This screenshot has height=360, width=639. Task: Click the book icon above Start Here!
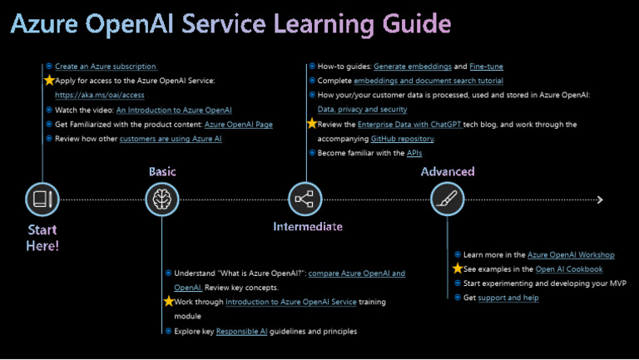click(x=42, y=200)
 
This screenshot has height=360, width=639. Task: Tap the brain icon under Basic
click(x=161, y=200)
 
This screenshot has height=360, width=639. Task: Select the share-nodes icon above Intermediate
click(x=305, y=200)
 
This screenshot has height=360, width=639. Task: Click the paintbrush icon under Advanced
click(x=448, y=200)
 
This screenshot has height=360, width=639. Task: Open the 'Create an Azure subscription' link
click(x=106, y=67)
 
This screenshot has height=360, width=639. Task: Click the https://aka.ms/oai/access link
click(x=99, y=96)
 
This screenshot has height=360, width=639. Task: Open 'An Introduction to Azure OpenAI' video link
click(x=174, y=110)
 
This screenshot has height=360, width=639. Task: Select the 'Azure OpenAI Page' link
click(x=238, y=125)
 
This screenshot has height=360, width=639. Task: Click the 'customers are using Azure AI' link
click(x=171, y=139)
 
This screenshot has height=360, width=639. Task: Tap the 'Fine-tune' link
click(x=486, y=67)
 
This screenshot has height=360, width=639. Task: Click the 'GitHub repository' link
click(x=402, y=139)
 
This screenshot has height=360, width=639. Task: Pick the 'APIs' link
click(x=414, y=153)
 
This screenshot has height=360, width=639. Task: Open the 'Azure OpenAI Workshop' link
click(x=571, y=254)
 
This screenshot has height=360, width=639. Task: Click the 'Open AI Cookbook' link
click(x=569, y=269)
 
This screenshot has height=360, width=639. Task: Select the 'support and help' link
click(x=508, y=298)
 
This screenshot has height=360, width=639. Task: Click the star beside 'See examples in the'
click(x=457, y=269)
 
